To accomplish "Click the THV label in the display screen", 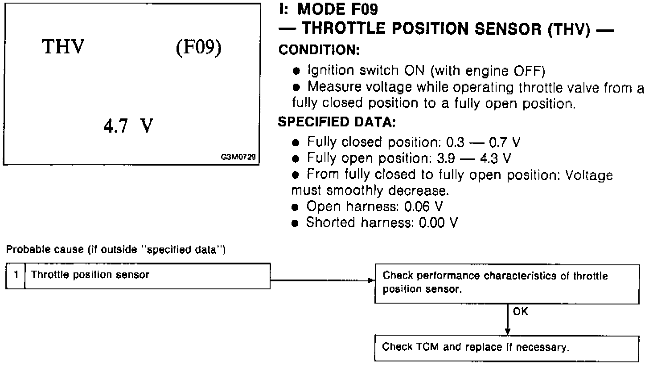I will pos(63,48).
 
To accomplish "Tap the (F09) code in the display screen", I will pos(198,48).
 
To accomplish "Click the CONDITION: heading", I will pos(319,50).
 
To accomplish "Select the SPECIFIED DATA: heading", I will pos(337,122).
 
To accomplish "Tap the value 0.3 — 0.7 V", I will pos(483,142).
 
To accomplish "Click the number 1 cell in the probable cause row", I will pos(16,276).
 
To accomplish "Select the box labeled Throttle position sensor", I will pos(147,276).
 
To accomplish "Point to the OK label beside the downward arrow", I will pos(520,312).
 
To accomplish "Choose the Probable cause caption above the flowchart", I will pos(115,250).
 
